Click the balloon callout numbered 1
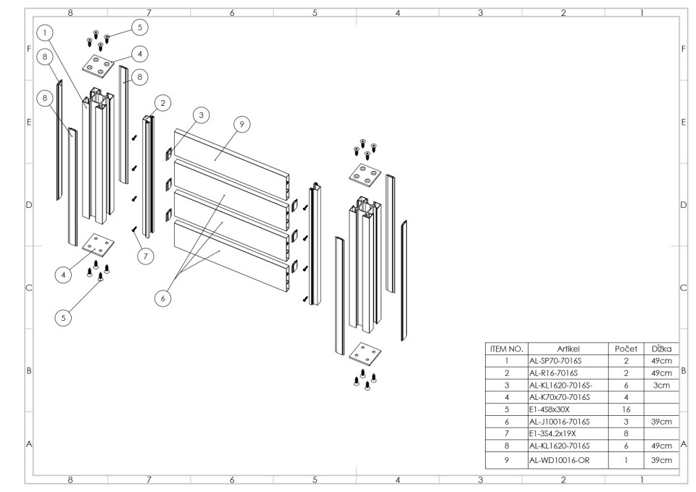[x=46, y=33]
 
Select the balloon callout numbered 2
[x=162, y=103]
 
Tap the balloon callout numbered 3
[x=202, y=114]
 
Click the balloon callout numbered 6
[x=162, y=297]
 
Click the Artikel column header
[x=565, y=348]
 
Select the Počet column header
[x=625, y=348]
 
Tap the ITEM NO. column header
[x=507, y=348]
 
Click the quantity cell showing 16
[x=625, y=409]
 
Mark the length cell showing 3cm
[x=660, y=385]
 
